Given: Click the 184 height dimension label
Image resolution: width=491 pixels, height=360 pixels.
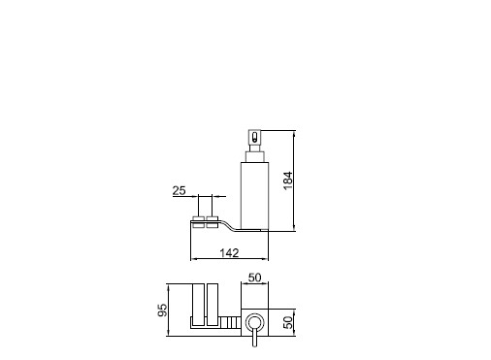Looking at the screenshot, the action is tap(287, 180).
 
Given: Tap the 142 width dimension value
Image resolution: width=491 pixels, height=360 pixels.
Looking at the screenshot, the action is tap(229, 252).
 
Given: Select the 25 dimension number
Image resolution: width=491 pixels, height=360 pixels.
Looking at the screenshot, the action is tap(179, 191).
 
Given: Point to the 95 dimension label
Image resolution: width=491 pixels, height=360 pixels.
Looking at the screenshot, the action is tap(162, 310).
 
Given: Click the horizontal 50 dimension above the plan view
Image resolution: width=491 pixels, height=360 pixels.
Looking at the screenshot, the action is tap(254, 278).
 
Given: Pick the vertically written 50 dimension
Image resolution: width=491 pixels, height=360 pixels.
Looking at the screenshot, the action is tap(287, 322).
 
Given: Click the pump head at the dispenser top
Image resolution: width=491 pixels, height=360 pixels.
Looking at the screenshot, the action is tap(254, 137).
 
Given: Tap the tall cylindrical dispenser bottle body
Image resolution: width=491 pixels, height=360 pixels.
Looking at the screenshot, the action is tap(254, 196).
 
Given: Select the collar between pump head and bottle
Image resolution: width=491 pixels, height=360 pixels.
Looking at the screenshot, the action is tap(254, 156).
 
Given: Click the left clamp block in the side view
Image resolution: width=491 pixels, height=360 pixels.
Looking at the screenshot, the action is tap(198, 222).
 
